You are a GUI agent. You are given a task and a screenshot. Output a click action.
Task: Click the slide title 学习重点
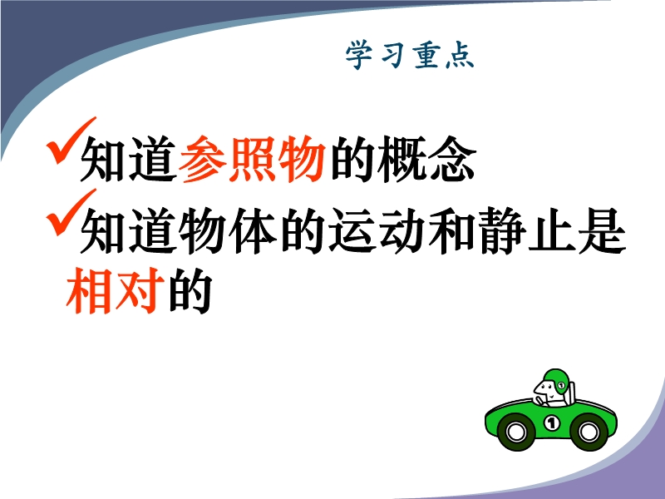coord(410,55)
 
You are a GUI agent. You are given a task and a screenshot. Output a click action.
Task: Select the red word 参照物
coord(253,159)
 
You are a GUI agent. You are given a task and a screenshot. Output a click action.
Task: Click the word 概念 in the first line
coord(426,159)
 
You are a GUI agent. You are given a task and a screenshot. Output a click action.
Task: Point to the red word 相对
coord(116,290)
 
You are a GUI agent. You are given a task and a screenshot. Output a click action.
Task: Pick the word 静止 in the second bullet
coord(527,230)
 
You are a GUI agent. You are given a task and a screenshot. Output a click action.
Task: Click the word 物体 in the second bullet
coord(227,230)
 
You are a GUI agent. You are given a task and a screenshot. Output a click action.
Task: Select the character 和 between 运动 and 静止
coord(452,230)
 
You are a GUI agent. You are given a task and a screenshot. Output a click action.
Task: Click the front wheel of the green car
coord(515,432)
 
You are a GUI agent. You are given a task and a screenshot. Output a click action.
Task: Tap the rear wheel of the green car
coord(589,432)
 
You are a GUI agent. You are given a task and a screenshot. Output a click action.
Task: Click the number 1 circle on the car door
coord(551,422)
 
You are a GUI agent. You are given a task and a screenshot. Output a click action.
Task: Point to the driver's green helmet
coord(557,381)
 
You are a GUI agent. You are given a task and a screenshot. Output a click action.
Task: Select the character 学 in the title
coord(359,55)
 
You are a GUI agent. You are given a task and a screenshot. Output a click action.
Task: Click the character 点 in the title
coord(461,55)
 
